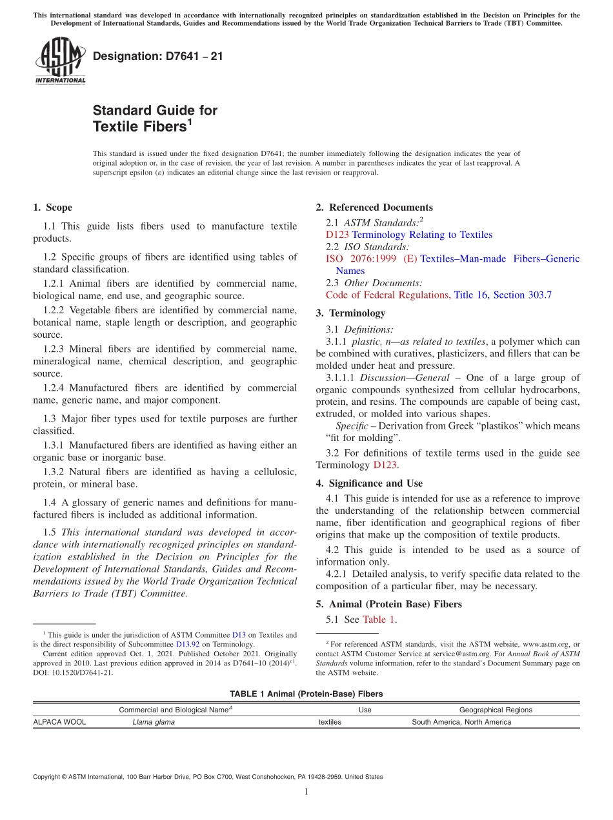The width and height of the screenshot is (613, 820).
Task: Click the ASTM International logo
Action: tap(60, 61)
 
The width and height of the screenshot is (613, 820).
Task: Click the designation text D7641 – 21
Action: tap(157, 56)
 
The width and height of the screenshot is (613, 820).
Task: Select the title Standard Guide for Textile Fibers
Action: tap(155, 119)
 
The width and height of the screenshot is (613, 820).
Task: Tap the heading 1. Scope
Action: tap(52, 208)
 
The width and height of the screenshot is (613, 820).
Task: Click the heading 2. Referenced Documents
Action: tap(374, 208)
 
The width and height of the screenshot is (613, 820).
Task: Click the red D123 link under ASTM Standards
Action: tap(337, 235)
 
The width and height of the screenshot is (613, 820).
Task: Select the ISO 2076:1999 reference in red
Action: tap(371, 259)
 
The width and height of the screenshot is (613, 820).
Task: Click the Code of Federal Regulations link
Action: tap(387, 295)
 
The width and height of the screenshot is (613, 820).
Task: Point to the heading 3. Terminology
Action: tap(350, 313)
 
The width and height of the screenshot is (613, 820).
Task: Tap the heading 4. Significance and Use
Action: tap(369, 483)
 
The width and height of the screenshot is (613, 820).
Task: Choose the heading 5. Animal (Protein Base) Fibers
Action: tap(388, 605)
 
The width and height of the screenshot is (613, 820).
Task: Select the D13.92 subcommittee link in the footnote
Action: tap(188, 644)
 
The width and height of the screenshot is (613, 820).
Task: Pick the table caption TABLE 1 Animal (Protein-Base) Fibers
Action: tap(306, 694)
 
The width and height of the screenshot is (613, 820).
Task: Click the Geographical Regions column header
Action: tap(496, 710)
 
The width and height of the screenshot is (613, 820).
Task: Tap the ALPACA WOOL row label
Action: tap(59, 723)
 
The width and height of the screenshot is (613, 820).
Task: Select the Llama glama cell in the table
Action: tap(154, 723)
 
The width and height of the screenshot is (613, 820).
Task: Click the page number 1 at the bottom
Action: tap(306, 792)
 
